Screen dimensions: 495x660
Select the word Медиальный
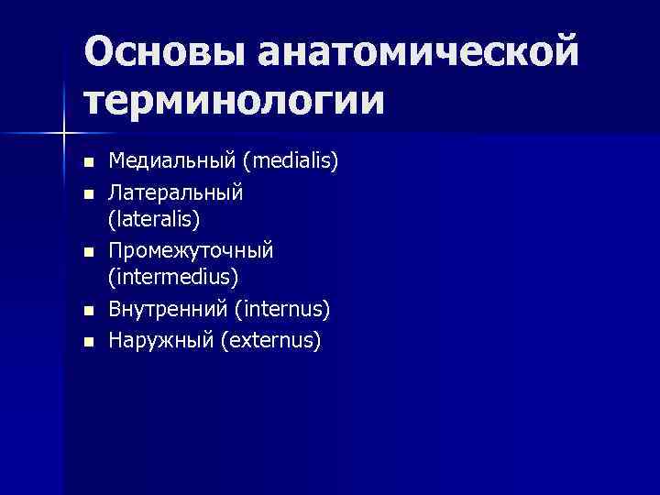pos(173,162)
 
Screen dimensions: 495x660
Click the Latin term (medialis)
pos(291,162)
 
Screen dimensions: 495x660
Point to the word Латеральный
pos(176,192)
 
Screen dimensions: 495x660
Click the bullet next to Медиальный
pos(88,163)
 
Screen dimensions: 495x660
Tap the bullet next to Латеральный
pos(88,193)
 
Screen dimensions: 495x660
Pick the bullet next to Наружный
pos(88,341)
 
